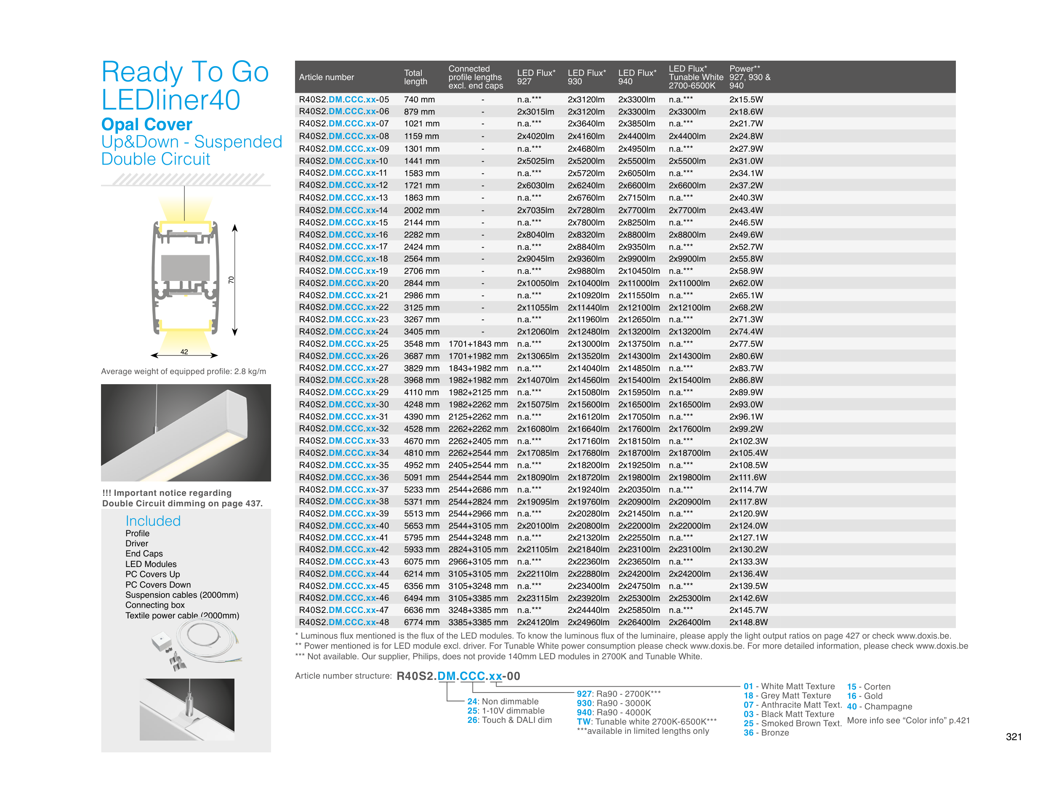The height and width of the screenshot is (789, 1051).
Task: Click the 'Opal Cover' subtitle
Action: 146,124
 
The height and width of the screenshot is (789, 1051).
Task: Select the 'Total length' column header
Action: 415,77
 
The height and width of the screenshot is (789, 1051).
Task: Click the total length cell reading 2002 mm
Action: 421,210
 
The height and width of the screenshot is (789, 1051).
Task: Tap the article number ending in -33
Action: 343,441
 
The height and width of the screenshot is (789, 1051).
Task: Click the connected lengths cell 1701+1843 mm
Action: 478,344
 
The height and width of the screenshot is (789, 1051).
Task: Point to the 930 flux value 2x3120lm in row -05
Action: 586,99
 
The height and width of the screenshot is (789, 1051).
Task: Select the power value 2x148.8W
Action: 748,622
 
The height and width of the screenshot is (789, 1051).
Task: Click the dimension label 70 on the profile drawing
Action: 231,280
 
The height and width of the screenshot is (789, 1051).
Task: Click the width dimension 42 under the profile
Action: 184,352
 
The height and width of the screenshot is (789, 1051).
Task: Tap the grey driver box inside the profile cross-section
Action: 185,267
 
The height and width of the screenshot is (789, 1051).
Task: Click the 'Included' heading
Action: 153,521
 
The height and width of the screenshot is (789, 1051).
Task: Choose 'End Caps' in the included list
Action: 144,554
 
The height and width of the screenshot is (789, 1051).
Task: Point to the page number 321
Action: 1014,737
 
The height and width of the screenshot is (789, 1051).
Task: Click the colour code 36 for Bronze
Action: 748,733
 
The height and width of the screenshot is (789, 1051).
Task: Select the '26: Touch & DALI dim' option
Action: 509,720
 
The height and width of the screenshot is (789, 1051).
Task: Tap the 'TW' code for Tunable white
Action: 583,722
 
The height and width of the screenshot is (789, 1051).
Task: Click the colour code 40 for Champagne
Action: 851,707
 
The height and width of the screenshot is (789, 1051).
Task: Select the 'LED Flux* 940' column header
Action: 637,77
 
